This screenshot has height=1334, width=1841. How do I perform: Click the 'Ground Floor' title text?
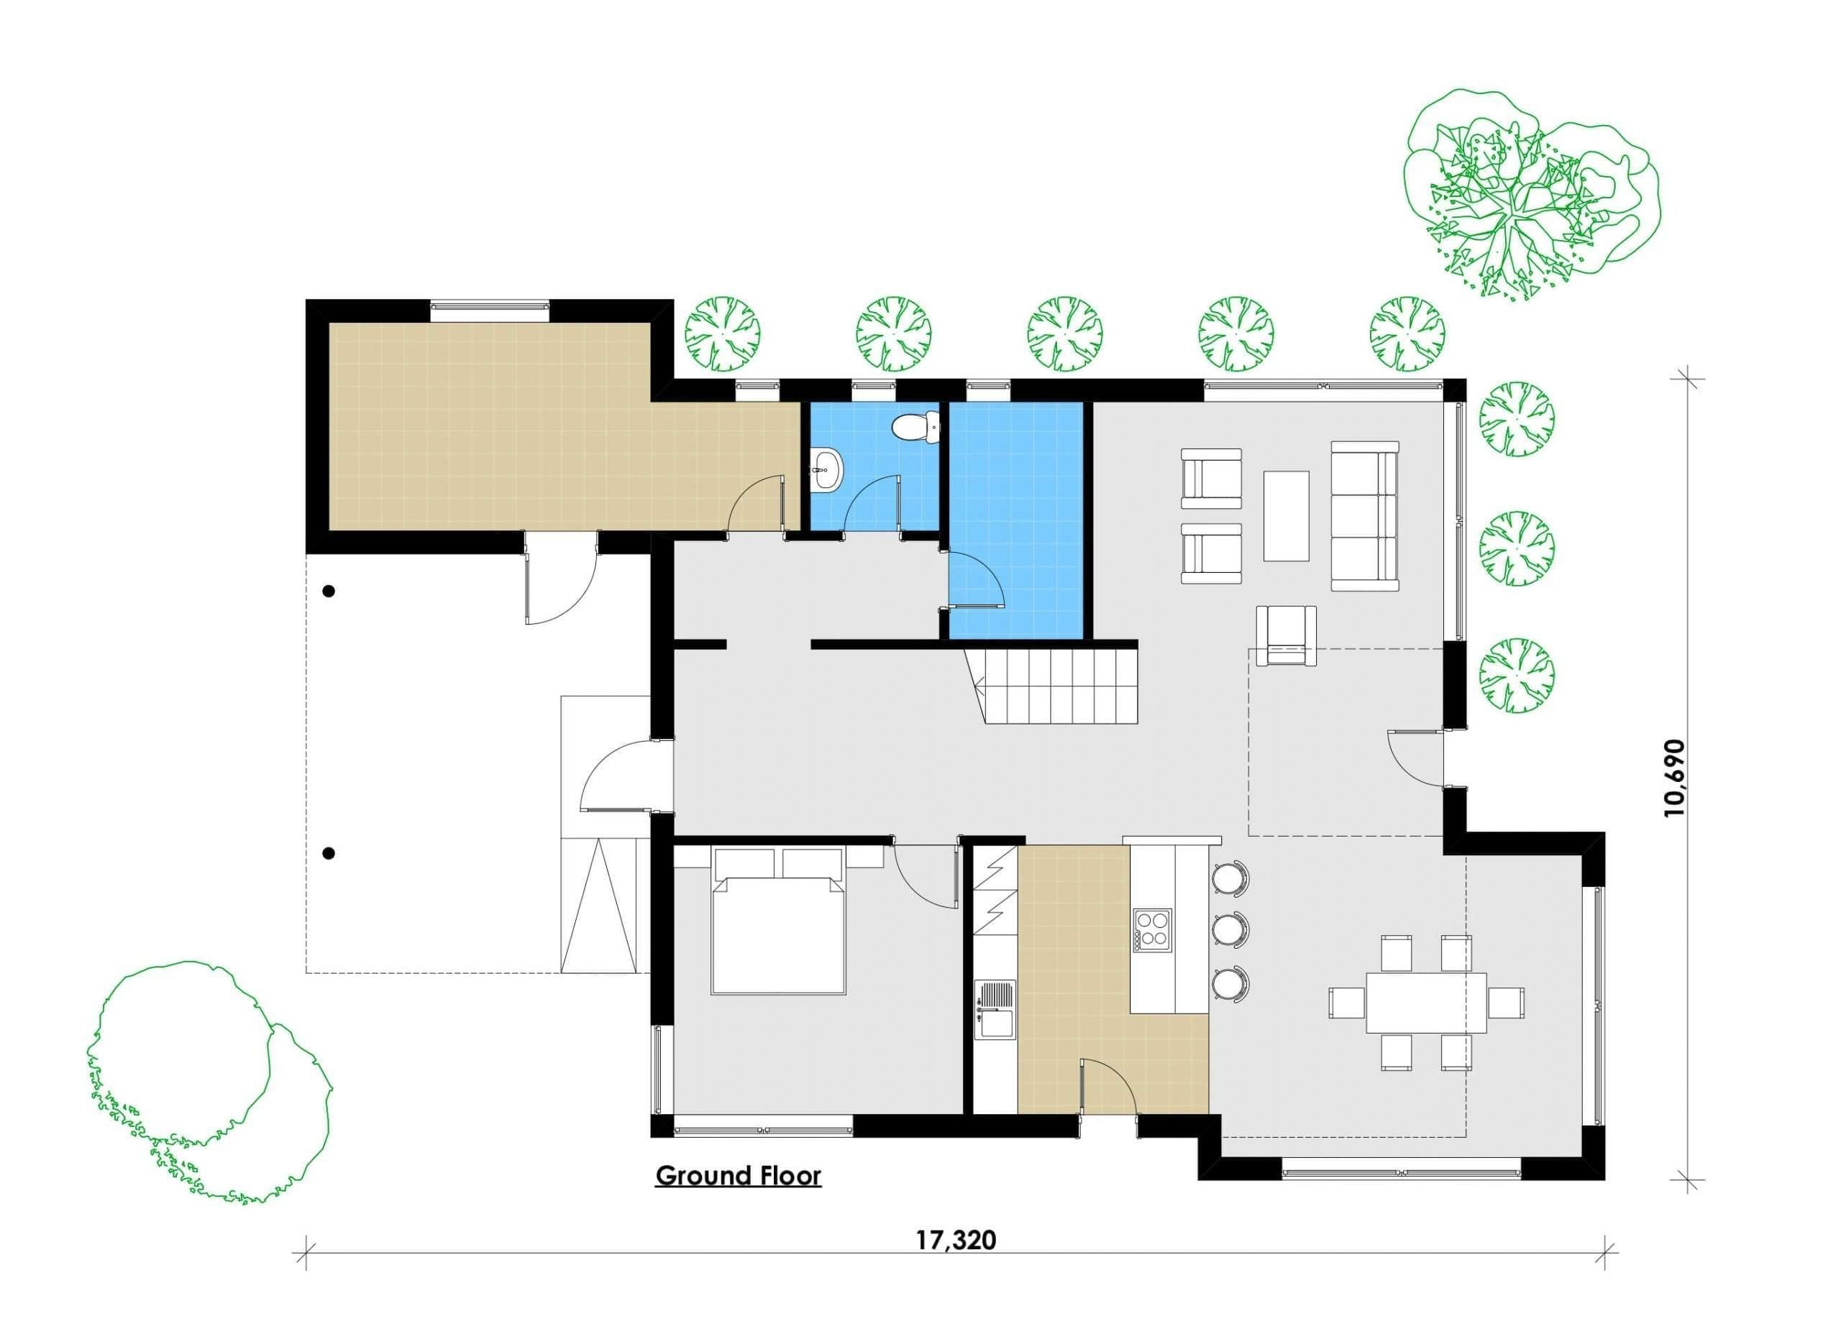738,1176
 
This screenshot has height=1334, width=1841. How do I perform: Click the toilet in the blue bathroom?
915,427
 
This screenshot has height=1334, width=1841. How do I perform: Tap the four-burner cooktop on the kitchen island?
1153,929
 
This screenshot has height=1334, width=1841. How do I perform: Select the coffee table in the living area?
1286,516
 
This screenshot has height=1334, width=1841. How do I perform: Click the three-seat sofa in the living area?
1364,516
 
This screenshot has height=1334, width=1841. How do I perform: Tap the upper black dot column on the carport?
329,592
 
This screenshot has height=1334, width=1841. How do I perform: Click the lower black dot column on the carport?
329,853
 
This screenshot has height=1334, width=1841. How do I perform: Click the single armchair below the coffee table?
1286,635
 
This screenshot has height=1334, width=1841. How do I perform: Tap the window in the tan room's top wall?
490,306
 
